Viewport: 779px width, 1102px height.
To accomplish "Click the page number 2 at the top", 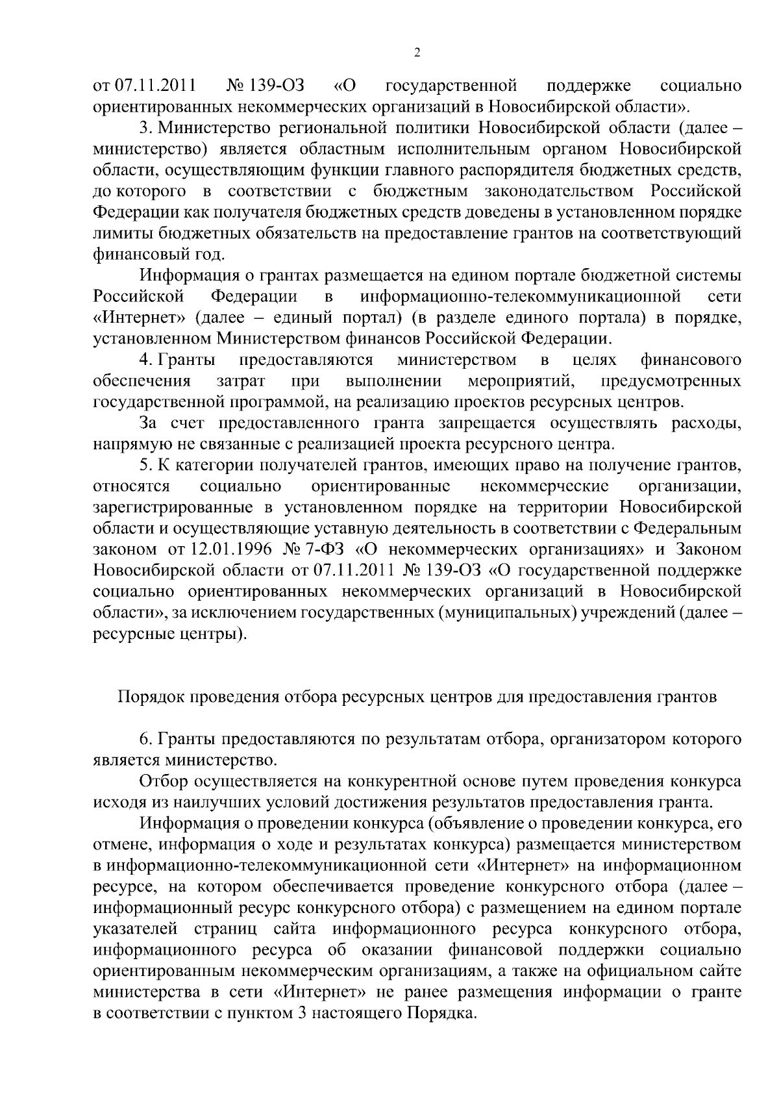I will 417,53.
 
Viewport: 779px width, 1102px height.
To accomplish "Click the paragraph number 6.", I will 145,739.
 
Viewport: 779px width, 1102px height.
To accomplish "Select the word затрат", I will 239,381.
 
